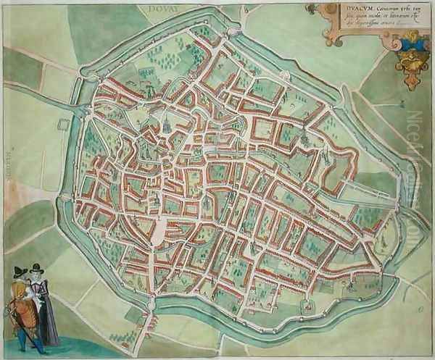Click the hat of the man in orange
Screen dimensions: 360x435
20,272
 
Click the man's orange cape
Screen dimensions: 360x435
20,301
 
